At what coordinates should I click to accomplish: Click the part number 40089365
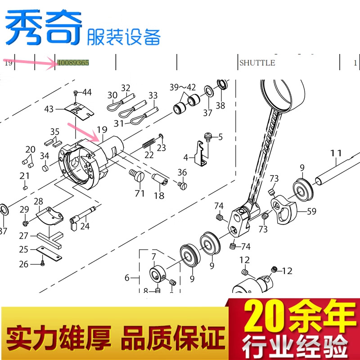72,63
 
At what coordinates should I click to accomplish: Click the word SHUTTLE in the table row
257,63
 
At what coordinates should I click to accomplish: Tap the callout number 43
49,109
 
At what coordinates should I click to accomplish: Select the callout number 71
139,193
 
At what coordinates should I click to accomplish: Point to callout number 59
311,210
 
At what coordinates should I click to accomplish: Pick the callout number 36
182,172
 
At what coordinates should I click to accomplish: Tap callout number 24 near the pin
85,226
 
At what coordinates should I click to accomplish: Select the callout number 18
159,196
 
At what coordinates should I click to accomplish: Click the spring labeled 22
149,144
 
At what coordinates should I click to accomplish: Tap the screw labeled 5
208,135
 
